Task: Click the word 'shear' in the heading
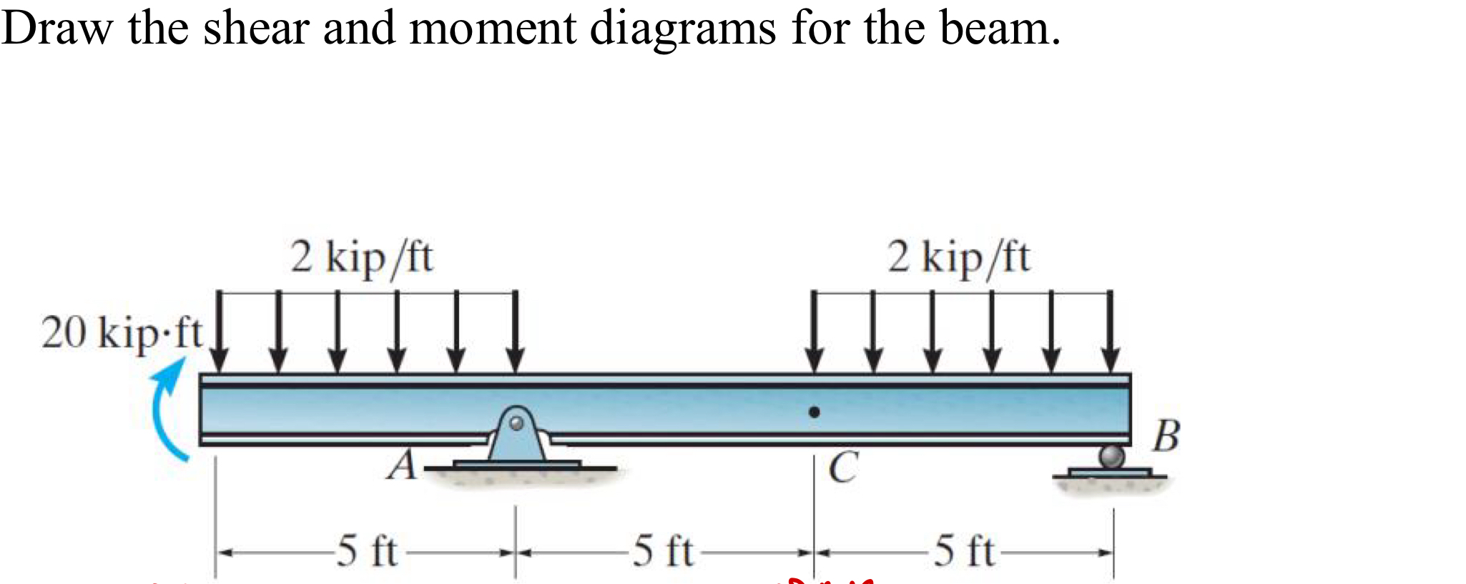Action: tap(257, 29)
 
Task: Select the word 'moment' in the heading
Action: tap(493, 29)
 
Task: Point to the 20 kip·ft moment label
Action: tap(122, 333)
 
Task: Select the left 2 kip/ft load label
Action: tap(361, 257)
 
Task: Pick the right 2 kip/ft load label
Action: tap(958, 257)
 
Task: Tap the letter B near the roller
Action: tap(1166, 435)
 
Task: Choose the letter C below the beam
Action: tap(843, 468)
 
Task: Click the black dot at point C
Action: tap(814, 412)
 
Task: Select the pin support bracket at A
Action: tap(516, 436)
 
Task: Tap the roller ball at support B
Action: tap(1111, 456)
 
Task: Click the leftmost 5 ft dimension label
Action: tap(367, 551)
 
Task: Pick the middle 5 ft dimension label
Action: tap(663, 551)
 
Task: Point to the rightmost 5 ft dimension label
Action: tap(963, 551)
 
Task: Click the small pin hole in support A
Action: tap(516, 423)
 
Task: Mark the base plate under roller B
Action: tap(1110, 473)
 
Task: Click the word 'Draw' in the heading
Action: tap(57, 29)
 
